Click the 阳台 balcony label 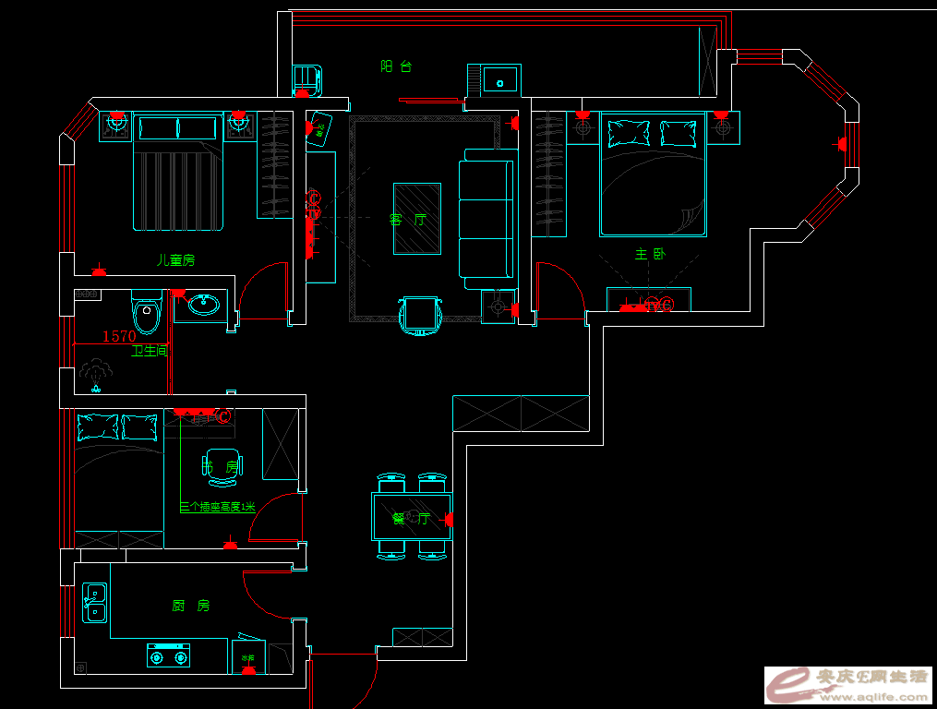395,66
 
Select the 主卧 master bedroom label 649,254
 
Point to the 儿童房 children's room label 175,260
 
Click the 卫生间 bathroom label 150,351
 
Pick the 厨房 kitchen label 191,606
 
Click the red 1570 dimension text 118,337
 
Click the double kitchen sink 94,603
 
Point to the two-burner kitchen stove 168,655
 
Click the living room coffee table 417,219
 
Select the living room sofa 486,219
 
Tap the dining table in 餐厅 411,517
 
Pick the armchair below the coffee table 421,315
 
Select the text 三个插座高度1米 217,507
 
